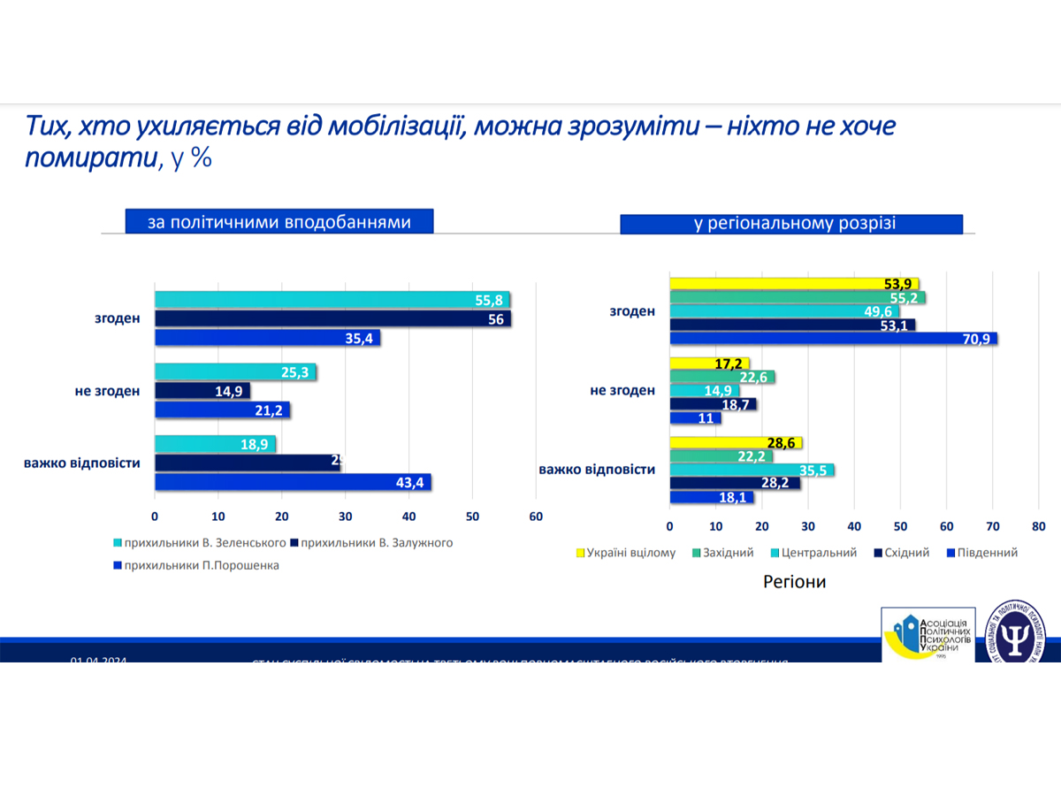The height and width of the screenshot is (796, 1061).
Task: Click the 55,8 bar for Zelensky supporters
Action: click(332, 300)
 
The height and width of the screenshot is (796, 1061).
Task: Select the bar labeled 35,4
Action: click(267, 337)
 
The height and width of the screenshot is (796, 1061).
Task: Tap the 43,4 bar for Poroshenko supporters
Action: click(293, 481)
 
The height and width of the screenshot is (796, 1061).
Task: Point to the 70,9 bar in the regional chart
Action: click(833, 338)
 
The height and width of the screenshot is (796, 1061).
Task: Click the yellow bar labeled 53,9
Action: click(794, 283)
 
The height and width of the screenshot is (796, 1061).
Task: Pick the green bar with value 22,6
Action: click(721, 378)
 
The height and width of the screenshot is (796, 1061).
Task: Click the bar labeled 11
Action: click(695, 418)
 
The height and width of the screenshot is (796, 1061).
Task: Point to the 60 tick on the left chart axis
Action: click(536, 517)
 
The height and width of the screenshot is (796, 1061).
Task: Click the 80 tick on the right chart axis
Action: click(1038, 526)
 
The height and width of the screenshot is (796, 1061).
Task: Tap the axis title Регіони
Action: click(794, 582)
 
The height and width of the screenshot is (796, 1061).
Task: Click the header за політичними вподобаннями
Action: click(279, 222)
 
